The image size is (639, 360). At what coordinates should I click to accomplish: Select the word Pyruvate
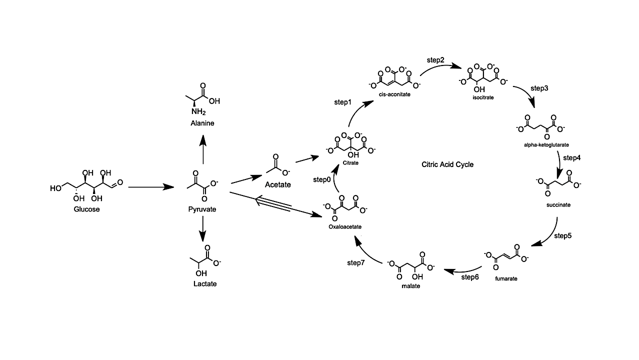[x=202, y=209]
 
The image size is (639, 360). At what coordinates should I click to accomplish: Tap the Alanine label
[x=202, y=123]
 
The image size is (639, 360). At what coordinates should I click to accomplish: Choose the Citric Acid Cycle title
[x=447, y=164]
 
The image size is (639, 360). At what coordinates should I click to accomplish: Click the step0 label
[x=322, y=179]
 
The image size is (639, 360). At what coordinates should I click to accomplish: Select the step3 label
[x=539, y=88]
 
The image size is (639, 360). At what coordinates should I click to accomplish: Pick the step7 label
[x=356, y=262]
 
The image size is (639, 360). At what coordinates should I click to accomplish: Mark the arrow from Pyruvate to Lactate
[x=202, y=230]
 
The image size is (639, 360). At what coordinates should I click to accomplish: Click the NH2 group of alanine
[x=198, y=111]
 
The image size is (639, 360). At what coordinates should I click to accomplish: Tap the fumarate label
[x=506, y=278]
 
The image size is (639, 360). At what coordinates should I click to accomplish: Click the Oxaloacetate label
[x=345, y=226]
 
